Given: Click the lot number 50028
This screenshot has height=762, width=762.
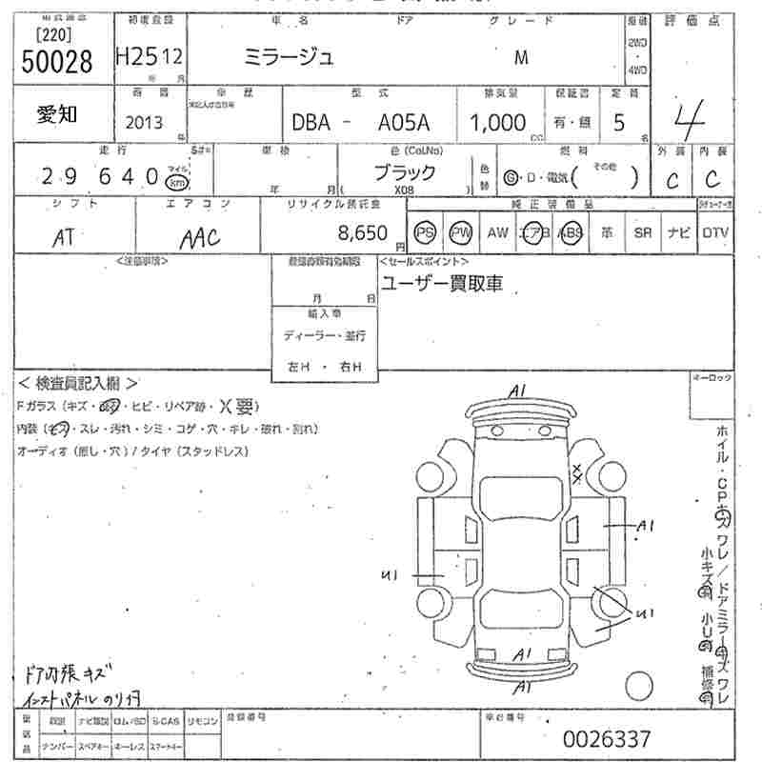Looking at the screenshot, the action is (x=56, y=61).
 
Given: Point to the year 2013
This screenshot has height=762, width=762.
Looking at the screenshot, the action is (x=144, y=123).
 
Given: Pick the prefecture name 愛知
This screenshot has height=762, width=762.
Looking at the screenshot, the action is (x=57, y=113).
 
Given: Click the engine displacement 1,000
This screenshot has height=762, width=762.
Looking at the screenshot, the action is (x=497, y=122).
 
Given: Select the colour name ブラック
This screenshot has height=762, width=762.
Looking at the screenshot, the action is (x=404, y=172).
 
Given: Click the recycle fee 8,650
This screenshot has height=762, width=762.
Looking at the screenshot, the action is (x=363, y=231).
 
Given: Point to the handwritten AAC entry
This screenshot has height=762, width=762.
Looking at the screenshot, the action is (x=199, y=237).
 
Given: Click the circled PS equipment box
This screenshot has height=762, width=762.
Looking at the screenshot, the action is (x=425, y=232).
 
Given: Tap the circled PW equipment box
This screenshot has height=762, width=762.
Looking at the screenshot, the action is (x=461, y=232).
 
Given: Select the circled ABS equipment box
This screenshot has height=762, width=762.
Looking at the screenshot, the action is (x=571, y=232).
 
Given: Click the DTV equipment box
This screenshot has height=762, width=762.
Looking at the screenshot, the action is (x=716, y=232).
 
